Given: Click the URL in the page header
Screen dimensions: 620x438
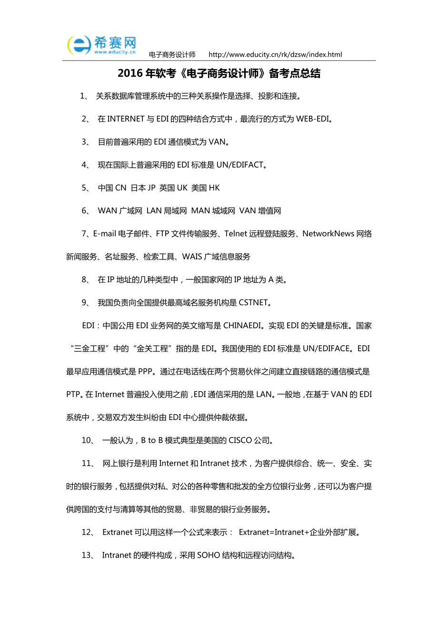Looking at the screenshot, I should click(275, 55).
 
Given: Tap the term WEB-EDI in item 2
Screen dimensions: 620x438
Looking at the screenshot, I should click(313, 119).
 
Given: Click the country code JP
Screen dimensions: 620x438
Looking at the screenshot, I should click(151, 188).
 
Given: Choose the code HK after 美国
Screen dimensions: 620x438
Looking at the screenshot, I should click(214, 188).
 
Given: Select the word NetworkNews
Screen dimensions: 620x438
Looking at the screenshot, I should click(328, 233).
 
